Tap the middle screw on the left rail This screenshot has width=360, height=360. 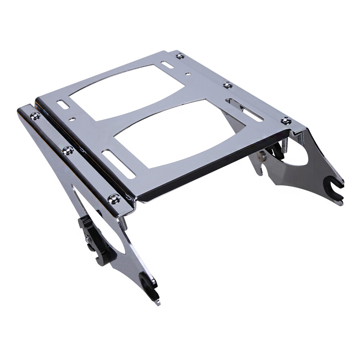67,150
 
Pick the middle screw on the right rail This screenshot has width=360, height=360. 227,85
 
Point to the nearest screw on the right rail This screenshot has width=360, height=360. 286,121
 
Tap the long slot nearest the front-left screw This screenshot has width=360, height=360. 119,164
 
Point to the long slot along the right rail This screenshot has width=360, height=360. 245,110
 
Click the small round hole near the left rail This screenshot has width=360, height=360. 73,117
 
